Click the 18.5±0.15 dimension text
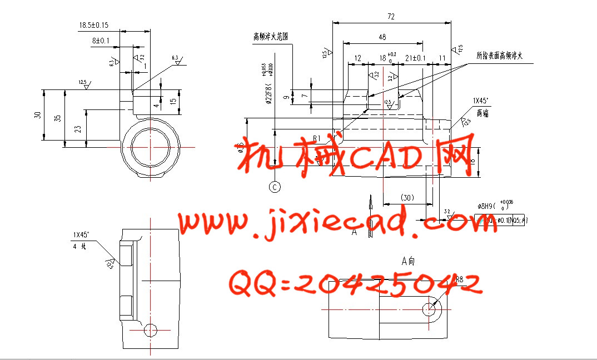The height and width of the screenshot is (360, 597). [93, 26]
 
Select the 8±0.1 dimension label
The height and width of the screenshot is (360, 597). [101, 41]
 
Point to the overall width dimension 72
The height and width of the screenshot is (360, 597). [391, 17]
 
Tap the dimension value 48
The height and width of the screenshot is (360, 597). [382, 37]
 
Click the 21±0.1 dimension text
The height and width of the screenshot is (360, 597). [415, 58]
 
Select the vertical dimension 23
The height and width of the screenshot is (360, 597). [78, 129]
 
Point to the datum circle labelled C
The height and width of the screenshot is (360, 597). [275, 187]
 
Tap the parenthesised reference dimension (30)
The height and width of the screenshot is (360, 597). [407, 198]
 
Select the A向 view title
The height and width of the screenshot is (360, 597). [408, 260]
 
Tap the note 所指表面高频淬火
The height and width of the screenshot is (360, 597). [501, 56]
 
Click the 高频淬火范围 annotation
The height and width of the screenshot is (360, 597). [270, 37]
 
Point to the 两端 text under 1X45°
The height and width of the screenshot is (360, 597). [479, 112]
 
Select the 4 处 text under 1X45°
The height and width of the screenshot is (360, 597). [79, 245]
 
